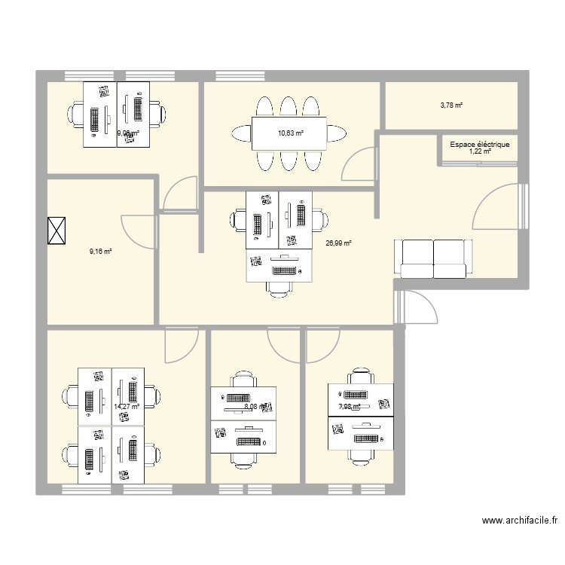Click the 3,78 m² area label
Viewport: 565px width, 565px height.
451,105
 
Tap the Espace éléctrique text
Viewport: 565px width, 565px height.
479,144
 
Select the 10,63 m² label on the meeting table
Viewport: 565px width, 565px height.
290,133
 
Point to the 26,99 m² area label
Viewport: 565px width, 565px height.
338,243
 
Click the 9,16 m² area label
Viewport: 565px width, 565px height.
100,252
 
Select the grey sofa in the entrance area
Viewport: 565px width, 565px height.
434,258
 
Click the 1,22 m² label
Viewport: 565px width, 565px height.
479,151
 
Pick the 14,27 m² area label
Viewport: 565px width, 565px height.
127,407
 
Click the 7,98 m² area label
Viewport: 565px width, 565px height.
350,407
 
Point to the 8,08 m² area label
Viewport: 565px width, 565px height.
256,408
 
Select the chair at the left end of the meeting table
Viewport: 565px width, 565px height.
241,133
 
